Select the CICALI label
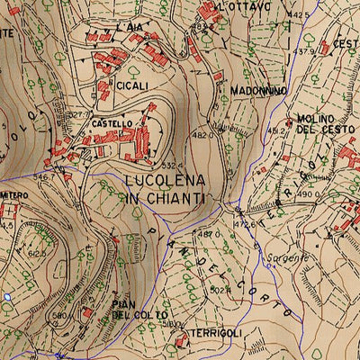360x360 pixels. point(133,85)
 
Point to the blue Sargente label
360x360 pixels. point(285,257)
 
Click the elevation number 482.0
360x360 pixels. point(203,134)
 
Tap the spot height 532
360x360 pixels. point(168,166)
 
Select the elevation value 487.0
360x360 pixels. point(209,234)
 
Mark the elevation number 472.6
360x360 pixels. point(245,222)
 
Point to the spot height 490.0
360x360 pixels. point(310,194)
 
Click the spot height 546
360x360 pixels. point(40,177)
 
